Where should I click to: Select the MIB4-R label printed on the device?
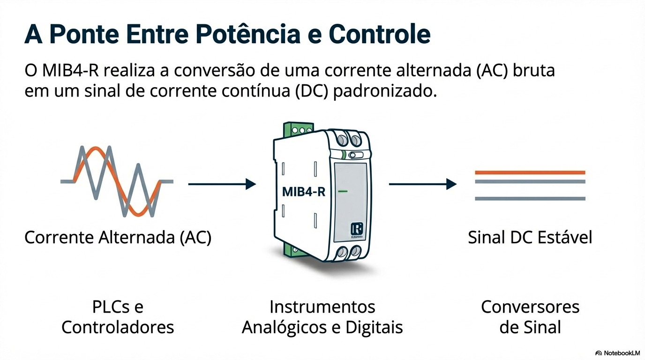coord(304,192)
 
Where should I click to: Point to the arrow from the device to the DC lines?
coord(422,184)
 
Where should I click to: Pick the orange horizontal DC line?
coord(530,172)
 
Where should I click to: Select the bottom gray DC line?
coord(530,199)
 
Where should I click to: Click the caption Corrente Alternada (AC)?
coord(118,238)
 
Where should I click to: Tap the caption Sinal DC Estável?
coord(530,238)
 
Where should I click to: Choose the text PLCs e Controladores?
coord(118,317)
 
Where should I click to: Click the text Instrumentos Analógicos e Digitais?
coord(322,317)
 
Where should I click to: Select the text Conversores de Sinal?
coord(530,317)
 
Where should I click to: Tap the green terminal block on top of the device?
coord(299,128)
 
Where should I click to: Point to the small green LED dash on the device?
coord(343,192)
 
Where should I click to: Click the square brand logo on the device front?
coord(357,229)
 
